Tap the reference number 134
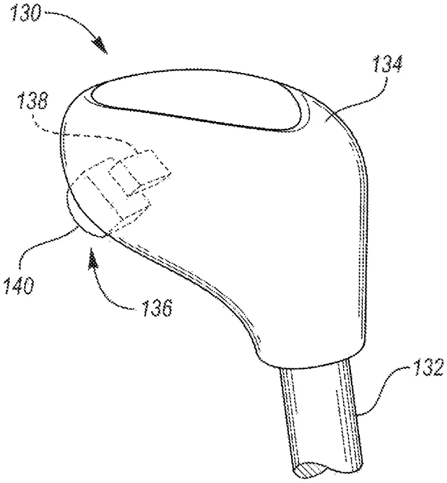[388, 64]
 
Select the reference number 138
[34, 101]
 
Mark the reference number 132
[428, 366]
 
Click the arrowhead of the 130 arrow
[101, 46]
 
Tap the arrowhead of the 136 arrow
[93, 261]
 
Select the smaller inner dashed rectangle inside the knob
[141, 173]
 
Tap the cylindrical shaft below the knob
[321, 419]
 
